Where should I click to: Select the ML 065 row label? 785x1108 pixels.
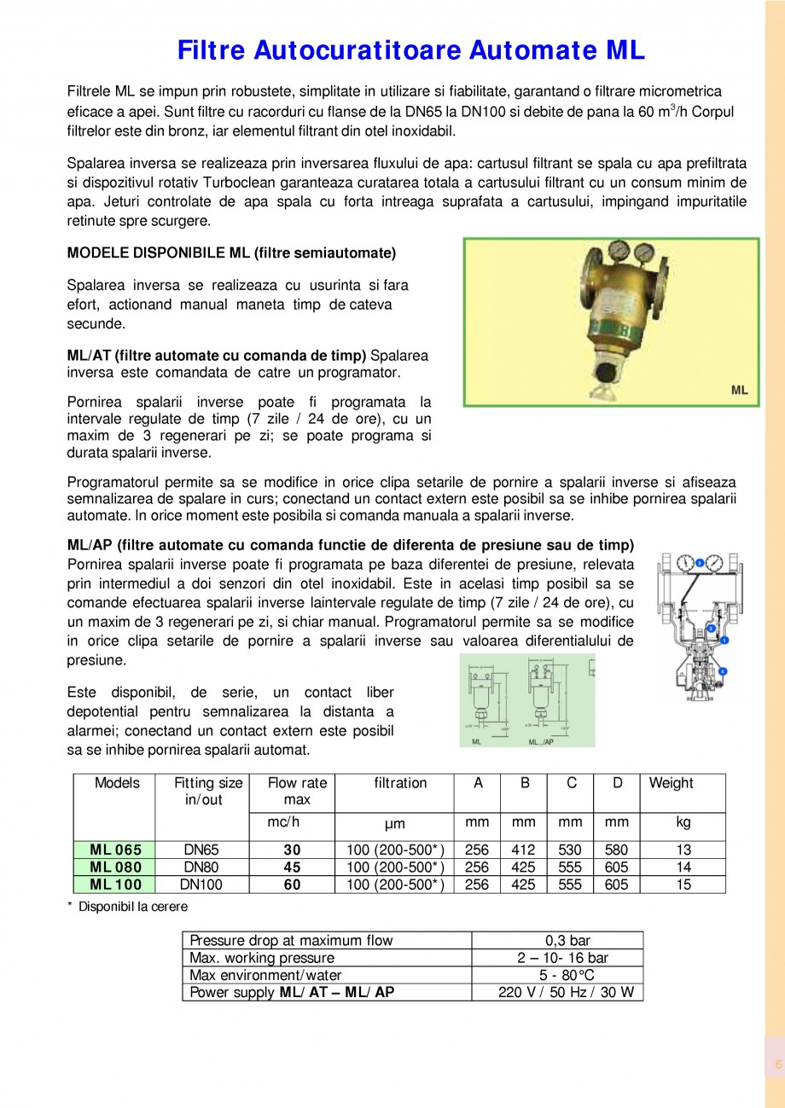pos(116,850)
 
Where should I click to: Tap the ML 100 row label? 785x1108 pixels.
pos(116,885)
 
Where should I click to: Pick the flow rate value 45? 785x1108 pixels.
pos(292,867)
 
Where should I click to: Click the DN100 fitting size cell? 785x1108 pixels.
pos(202,885)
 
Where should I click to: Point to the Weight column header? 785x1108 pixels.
pos(671,783)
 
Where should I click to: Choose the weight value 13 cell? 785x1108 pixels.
pos(683,850)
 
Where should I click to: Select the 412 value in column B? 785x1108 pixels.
pos(523,850)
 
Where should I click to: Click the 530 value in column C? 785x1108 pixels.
pos(569,850)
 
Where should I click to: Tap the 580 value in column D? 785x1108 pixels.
pos(615,850)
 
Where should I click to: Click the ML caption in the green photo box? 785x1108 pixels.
pos(739,390)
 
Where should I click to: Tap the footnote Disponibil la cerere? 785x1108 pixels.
pos(131,907)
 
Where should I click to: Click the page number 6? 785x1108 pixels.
pos(777,1064)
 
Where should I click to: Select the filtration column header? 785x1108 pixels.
pos(400,783)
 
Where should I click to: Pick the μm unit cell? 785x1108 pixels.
pos(394,824)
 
